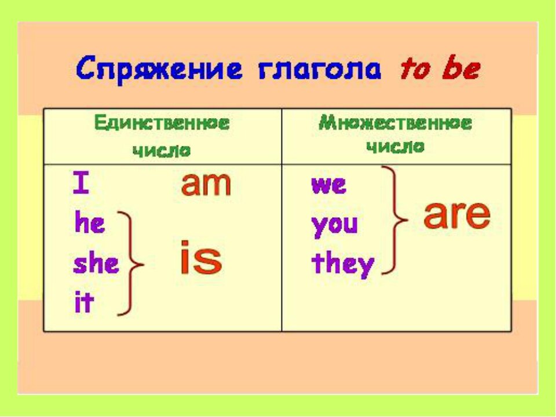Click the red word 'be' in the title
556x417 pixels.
point(459,69)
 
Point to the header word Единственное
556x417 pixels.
point(162,123)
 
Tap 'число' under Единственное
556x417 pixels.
point(162,150)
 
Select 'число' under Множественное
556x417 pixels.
point(396,147)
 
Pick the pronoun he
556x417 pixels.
point(90,224)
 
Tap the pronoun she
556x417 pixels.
point(96,264)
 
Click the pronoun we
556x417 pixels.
point(328,185)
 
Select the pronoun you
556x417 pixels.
point(335,225)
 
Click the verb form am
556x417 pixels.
point(206,184)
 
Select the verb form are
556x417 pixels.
point(457,215)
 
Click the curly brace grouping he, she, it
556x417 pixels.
point(131,264)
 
